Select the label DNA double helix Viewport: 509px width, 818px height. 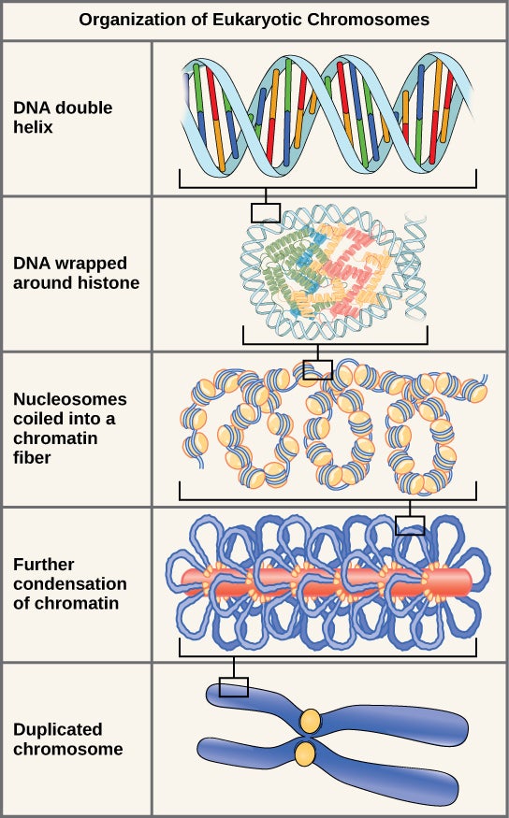click(x=63, y=117)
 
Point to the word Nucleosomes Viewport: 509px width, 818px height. click(x=70, y=399)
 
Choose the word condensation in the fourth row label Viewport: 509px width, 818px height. click(x=70, y=584)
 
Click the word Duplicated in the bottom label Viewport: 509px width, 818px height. click(x=58, y=729)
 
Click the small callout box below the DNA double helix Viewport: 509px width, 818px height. click(x=266, y=212)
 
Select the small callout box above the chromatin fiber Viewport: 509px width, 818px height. click(x=318, y=369)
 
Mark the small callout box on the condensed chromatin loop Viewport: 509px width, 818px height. click(x=410, y=525)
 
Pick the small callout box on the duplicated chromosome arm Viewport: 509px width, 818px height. click(x=234, y=688)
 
